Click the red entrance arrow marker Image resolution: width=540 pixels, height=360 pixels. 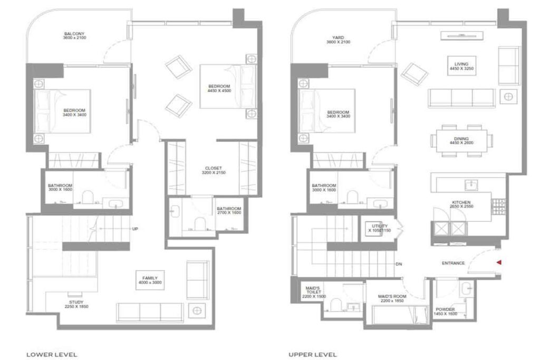pyautogui.click(x=498, y=262)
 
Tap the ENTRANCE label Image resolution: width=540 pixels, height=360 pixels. pyautogui.click(x=453, y=263)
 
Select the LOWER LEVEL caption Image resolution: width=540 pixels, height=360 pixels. pyautogui.click(x=52, y=354)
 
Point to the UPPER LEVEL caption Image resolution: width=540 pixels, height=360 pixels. pyautogui.click(x=313, y=354)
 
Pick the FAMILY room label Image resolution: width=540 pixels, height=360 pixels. pyautogui.click(x=150, y=278)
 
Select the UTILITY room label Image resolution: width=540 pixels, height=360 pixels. pyautogui.click(x=379, y=226)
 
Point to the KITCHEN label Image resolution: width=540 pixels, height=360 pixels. pyautogui.click(x=461, y=202)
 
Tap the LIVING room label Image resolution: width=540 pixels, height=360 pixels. pyautogui.click(x=461, y=59)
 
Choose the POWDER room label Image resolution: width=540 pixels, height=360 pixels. pyautogui.click(x=445, y=309)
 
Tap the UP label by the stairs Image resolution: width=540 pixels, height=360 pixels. pyautogui.click(x=136, y=229)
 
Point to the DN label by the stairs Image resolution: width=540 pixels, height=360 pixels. pyautogui.click(x=400, y=264)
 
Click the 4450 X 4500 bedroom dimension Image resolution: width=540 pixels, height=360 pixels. pyautogui.click(x=218, y=91)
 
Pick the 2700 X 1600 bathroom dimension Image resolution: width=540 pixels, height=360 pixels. pyautogui.click(x=229, y=213)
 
